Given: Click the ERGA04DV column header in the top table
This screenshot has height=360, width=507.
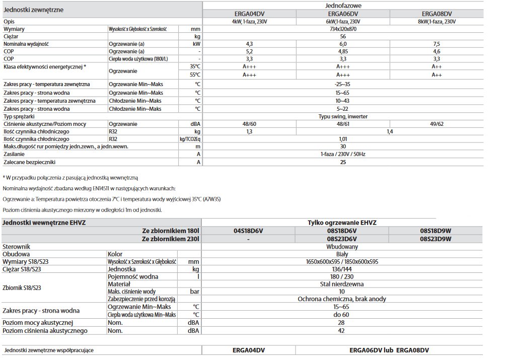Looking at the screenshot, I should point(249,14).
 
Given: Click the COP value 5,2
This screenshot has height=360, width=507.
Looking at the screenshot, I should point(249,51).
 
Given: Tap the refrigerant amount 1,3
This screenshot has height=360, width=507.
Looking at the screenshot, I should point(249,131).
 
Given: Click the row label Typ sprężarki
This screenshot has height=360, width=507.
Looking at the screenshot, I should point(21,116).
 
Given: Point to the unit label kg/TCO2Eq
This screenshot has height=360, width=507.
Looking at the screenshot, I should point(190,139).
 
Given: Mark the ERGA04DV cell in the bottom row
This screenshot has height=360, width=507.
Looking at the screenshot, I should point(249,349).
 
